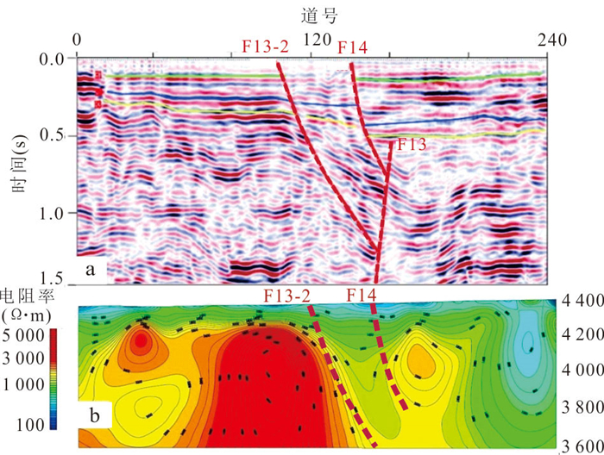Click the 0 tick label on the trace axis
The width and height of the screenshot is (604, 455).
pyautogui.click(x=78, y=39)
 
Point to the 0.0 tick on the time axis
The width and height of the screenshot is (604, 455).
pyautogui.click(x=53, y=60)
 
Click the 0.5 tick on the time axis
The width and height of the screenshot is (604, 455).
pyautogui.click(x=53, y=137)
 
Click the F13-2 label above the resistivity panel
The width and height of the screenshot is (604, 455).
pyautogui.click(x=287, y=296)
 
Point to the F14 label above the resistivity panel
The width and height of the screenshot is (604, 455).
pyautogui.click(x=362, y=296)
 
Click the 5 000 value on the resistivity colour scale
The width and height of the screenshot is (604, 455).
pyautogui.click(x=22, y=333)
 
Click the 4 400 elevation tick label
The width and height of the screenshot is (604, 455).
pyautogui.click(x=580, y=302)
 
